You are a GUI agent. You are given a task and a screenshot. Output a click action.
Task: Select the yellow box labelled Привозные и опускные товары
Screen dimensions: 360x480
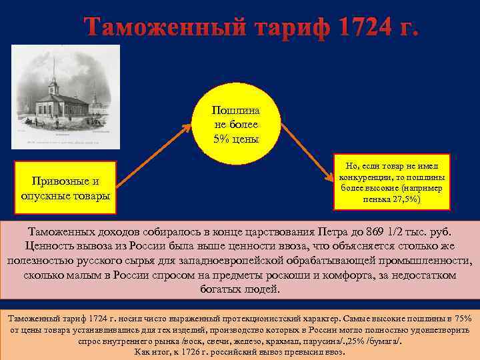point(66,188)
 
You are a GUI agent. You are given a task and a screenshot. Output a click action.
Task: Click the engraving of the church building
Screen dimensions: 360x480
point(66,97)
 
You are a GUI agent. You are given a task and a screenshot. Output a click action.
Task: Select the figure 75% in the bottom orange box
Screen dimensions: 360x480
point(462,318)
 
